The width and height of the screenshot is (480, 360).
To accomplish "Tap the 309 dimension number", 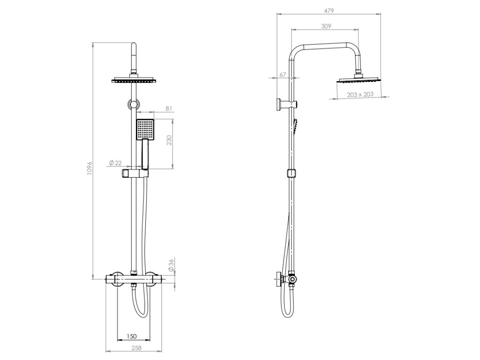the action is [327, 26].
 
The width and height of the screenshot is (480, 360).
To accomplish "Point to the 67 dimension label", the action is [283, 75].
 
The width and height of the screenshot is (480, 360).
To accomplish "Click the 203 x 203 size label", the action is [360, 94].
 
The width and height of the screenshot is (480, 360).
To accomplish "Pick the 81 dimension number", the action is [169, 109].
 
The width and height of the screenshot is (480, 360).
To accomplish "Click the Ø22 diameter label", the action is [115, 163].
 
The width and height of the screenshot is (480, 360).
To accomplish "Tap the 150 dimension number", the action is [132, 336].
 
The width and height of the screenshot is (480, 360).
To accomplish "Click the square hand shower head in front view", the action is [145, 129].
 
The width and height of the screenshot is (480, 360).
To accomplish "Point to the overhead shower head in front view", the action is [135, 81].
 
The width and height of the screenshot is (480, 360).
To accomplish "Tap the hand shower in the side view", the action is [295, 127].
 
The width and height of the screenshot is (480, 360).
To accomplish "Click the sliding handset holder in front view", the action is [135, 174].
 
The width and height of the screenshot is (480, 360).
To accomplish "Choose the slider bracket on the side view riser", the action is [292, 173].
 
